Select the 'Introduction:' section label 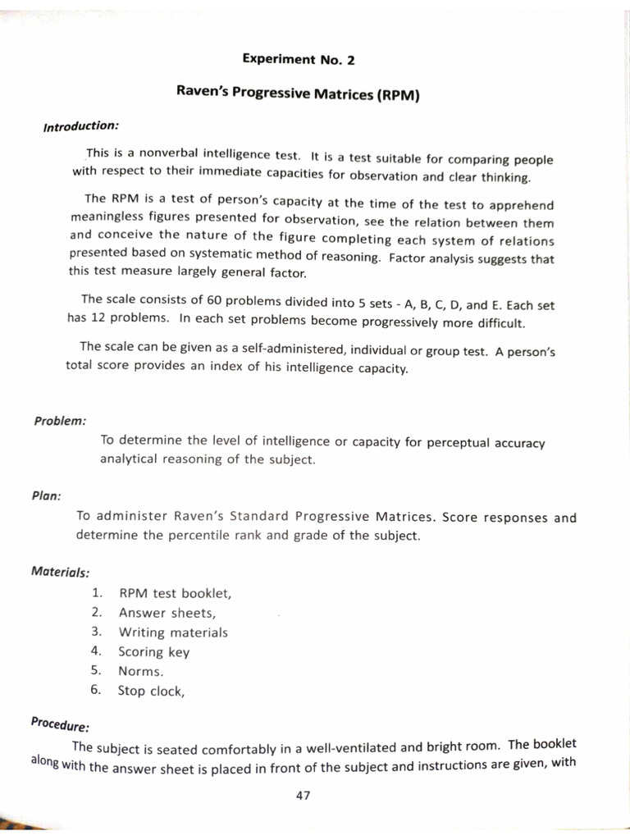coord(81,126)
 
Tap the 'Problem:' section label coord(60,421)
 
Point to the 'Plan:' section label coord(48,495)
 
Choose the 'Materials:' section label coord(61,571)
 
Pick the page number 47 coord(303,795)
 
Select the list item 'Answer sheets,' coord(167,613)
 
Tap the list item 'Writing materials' coord(173,632)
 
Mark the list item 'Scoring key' coord(154,652)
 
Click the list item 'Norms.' coord(141,671)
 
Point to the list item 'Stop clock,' coord(151,691)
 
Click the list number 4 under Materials coord(96,651)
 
